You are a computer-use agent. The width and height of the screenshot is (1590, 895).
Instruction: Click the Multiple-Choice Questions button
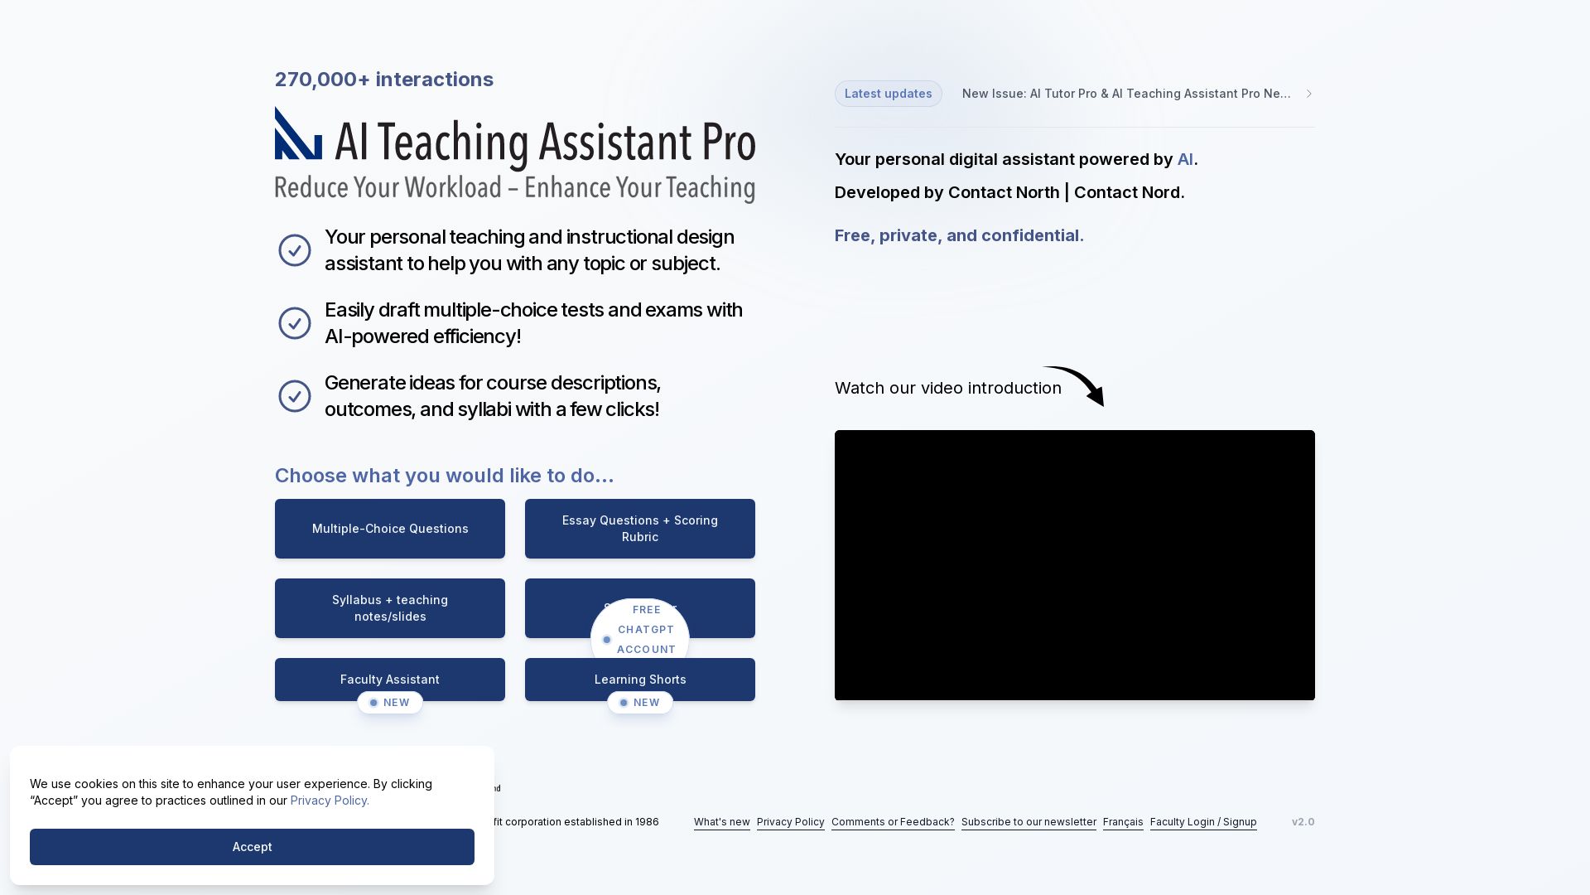pos(390,529)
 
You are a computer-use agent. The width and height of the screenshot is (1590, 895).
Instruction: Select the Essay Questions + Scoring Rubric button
pos(639,529)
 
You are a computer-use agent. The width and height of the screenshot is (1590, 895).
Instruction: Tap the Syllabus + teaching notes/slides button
pos(390,608)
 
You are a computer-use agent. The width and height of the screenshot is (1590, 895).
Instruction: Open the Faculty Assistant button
pos(390,679)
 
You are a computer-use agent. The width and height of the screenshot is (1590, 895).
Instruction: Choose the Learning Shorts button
pos(639,679)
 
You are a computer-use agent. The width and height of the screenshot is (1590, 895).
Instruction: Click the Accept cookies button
pos(252,847)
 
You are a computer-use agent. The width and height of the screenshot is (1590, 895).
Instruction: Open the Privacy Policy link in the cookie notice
pos(330,801)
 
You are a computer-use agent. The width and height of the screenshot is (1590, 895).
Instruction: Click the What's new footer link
pos(721,822)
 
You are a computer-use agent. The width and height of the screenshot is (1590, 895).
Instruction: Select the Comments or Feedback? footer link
pos(893,822)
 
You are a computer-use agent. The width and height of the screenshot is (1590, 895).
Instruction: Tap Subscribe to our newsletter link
pos(1029,822)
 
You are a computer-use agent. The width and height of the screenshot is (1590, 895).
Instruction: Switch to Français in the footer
pos(1123,822)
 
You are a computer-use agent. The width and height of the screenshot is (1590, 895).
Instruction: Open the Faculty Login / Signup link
pos(1203,822)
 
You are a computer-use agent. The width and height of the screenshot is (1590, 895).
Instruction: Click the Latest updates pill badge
pos(888,94)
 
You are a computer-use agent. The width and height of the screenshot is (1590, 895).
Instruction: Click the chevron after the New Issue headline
pos(1309,94)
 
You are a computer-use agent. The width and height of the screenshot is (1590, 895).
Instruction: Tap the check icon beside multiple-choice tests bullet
pos(295,323)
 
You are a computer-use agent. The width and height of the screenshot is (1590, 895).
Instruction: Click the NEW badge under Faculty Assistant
pos(390,703)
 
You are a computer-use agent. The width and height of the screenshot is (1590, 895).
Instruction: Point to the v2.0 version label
pos(1303,822)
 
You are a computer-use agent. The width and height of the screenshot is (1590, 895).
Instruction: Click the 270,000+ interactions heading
pos(384,80)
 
